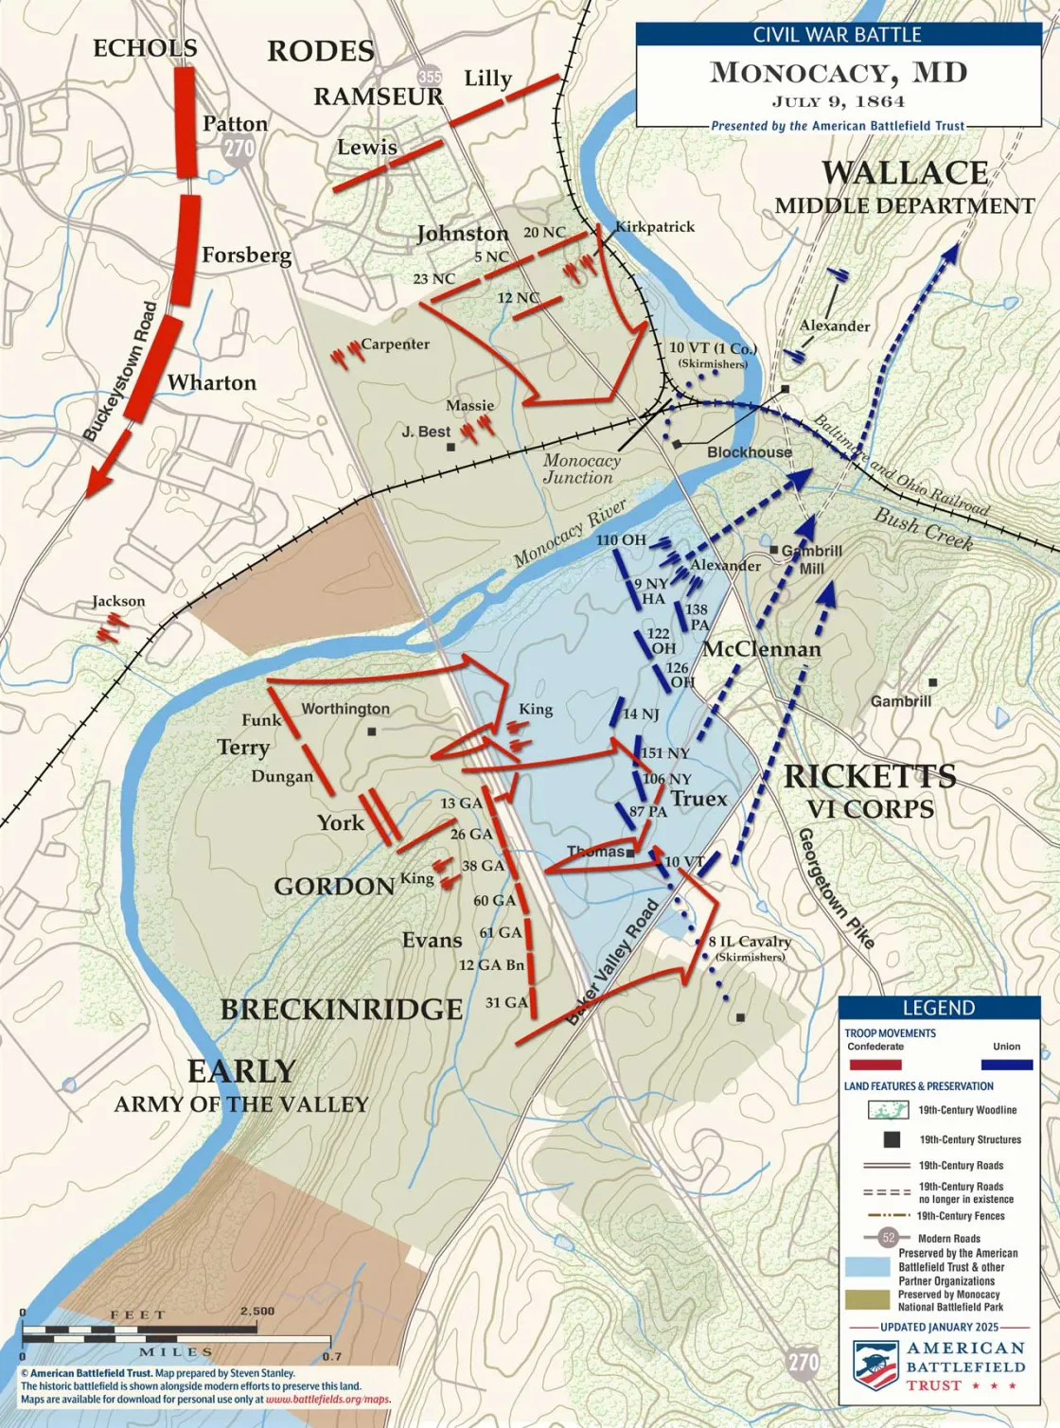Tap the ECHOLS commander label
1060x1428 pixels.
(x=145, y=48)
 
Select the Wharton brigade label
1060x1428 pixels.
(x=212, y=382)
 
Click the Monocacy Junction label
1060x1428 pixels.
(x=581, y=469)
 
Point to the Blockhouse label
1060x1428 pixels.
(x=749, y=452)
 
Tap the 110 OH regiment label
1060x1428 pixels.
(x=621, y=540)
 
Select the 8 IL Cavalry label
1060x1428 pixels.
(x=750, y=942)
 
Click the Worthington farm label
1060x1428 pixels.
(x=345, y=709)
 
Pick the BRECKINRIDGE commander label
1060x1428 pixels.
(x=342, y=1010)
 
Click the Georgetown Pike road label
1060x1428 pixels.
(x=835, y=888)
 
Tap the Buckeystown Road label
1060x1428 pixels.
(x=120, y=372)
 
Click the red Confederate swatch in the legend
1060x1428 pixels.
(x=874, y=1065)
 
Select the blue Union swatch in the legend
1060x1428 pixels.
(x=1006, y=1065)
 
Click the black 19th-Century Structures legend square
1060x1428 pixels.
(x=891, y=1139)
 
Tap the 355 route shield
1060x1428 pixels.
(x=430, y=77)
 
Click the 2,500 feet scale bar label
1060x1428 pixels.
(x=256, y=1312)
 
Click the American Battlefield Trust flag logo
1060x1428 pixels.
(x=875, y=1365)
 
